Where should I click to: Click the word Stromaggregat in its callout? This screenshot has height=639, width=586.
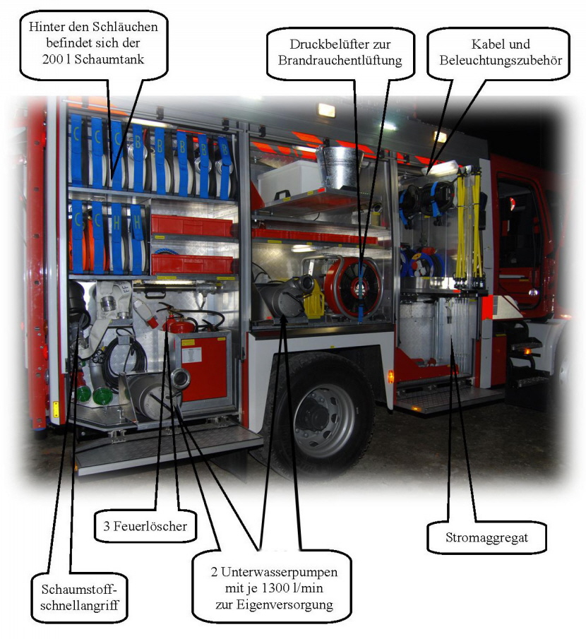486,537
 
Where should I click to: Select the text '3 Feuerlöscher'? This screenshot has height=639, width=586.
145,526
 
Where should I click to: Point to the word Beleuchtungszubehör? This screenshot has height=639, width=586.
501,60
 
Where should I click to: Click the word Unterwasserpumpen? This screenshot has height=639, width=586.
279,572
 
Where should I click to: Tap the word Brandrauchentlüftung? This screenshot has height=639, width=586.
340,60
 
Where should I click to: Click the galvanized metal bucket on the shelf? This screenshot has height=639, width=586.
339,167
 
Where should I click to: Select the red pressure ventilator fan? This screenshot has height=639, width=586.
353,287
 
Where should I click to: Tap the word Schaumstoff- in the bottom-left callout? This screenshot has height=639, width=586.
79,590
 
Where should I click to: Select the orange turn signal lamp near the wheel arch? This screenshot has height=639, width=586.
390,376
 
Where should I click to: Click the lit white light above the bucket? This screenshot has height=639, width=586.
326,110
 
